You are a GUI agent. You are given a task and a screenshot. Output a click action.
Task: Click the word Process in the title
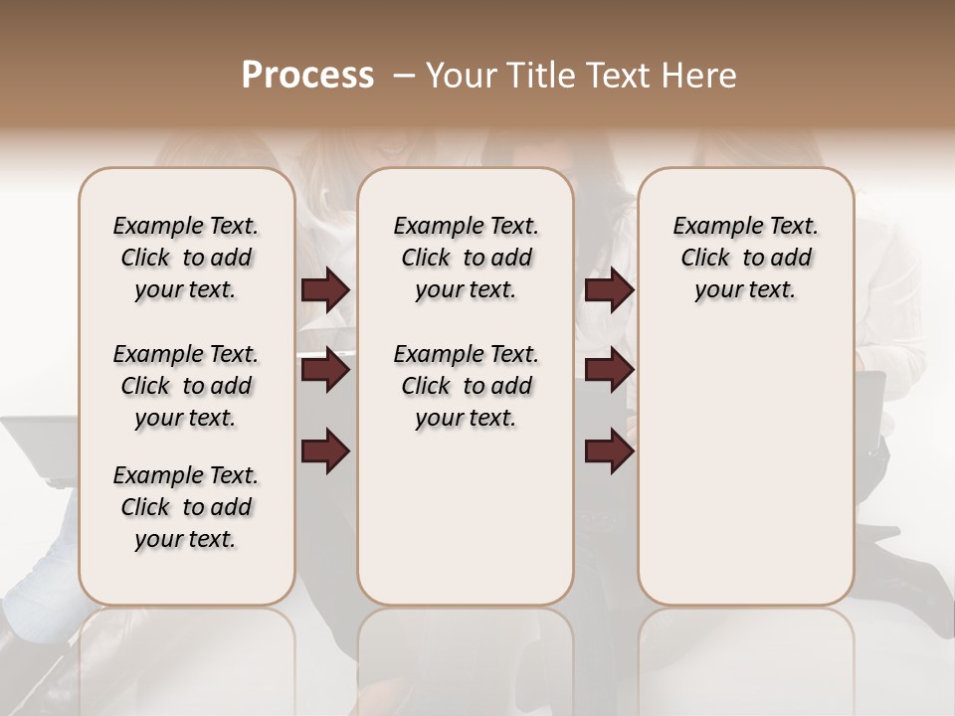(307, 76)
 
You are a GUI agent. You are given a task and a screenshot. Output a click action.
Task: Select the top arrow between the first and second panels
(325, 290)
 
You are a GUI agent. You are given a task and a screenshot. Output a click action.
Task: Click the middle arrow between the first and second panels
(325, 371)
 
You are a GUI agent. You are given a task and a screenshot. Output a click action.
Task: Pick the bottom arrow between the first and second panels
(325, 451)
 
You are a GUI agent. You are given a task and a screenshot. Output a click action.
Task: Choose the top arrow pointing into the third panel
(609, 290)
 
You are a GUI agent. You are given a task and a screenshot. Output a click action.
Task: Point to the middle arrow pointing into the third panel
(609, 371)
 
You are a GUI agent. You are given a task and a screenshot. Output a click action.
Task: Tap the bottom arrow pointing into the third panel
(609, 451)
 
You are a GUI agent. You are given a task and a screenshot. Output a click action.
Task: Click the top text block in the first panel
(186, 258)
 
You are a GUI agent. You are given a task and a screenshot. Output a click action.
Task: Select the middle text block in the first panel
(186, 386)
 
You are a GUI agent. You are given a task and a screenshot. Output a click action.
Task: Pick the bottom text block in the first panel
(186, 507)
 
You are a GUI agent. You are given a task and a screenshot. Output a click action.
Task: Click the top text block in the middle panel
(466, 258)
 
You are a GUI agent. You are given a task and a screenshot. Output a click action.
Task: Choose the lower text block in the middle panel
(466, 386)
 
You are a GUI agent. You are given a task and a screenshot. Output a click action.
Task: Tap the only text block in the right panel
(745, 258)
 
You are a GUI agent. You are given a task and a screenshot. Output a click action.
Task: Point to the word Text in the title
(619, 76)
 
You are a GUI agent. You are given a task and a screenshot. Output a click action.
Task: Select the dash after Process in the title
(404, 76)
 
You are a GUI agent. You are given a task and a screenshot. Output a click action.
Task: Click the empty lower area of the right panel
(745, 467)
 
